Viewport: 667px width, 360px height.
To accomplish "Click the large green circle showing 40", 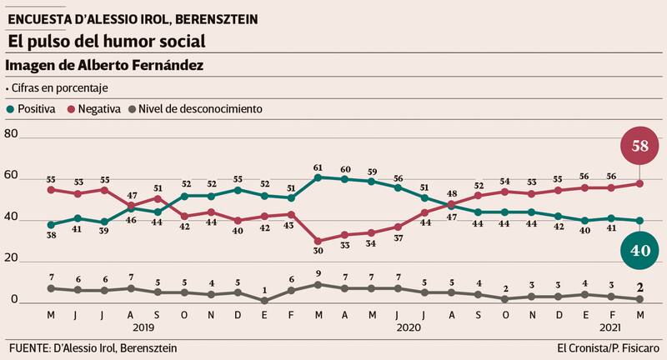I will coord(640,250).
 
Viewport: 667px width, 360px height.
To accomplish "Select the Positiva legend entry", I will coord(31,108).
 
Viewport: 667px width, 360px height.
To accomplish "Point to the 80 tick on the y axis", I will coord(11,134).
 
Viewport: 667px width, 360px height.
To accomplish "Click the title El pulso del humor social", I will coord(105,40).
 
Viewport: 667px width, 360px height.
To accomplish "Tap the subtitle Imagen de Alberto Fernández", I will coord(104,65).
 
